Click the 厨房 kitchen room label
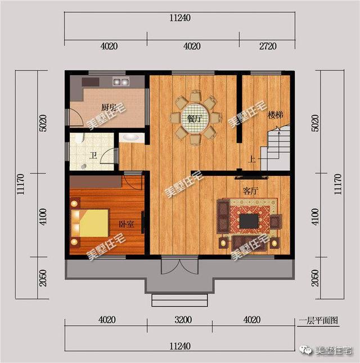click(109, 107)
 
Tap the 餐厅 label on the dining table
click(195, 119)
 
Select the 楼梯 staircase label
click(275, 115)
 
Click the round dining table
click(195, 119)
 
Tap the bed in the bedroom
click(90, 223)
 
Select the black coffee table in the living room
click(249, 221)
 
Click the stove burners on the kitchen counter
click(120, 81)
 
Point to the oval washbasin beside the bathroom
click(131, 137)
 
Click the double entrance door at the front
click(174, 265)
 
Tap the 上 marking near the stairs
click(251, 160)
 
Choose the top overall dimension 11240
click(179, 17)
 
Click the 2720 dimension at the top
click(267, 46)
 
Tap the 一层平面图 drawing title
click(319, 321)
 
